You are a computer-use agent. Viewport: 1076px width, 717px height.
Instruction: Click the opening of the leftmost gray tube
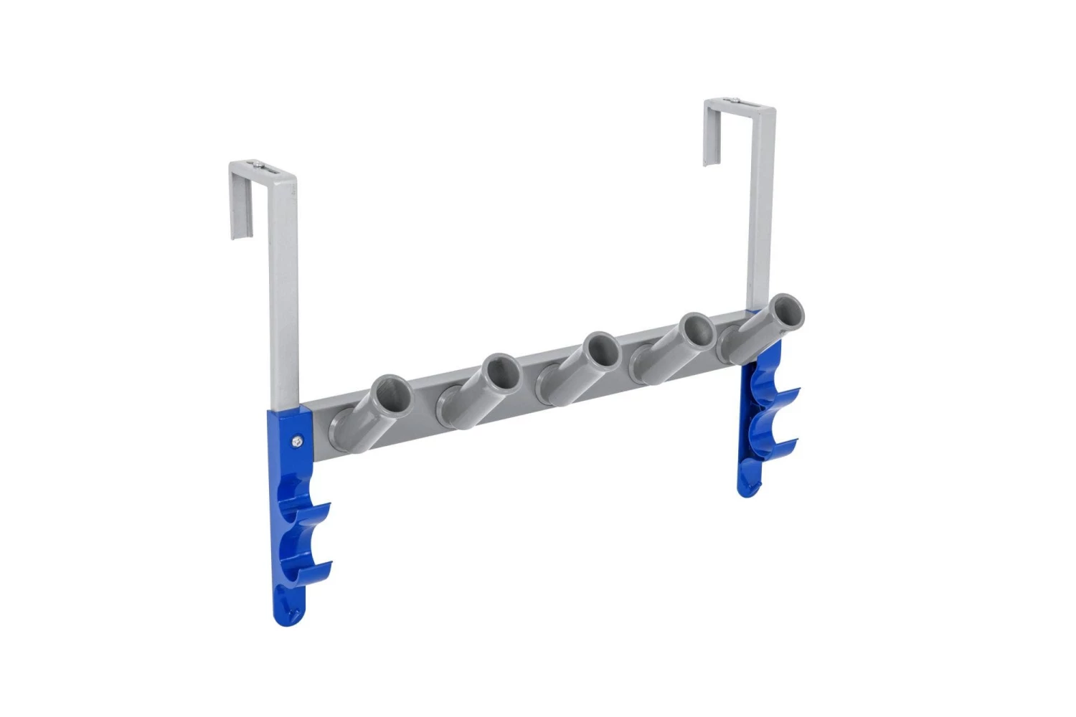point(394,394)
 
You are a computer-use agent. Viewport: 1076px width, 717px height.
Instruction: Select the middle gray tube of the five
point(600,350)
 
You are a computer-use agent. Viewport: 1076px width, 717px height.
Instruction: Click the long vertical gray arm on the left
point(284,301)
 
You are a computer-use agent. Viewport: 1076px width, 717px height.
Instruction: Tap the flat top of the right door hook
point(739,108)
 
